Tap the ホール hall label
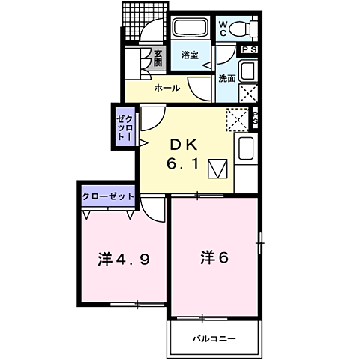point(166,88)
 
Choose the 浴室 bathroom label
point(190,55)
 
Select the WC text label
point(223,28)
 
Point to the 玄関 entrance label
point(158,57)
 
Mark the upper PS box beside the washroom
point(249,50)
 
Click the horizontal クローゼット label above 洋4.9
point(108,196)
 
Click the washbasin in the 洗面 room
point(247,72)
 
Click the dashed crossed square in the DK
point(237,119)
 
